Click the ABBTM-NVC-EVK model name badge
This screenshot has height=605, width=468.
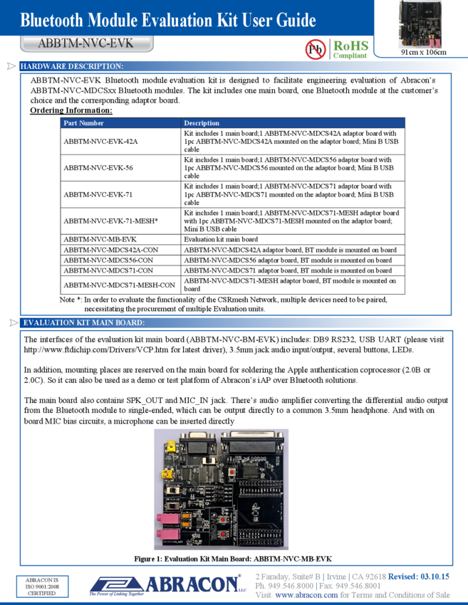tap(85, 43)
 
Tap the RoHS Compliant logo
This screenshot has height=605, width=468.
tap(350, 48)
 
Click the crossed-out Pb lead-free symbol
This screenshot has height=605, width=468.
tap(315, 49)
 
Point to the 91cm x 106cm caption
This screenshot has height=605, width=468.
tap(423, 52)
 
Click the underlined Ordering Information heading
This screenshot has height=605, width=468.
tap(71, 110)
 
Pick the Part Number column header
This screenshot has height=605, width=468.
tap(83, 123)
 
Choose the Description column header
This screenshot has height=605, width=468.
tap(202, 123)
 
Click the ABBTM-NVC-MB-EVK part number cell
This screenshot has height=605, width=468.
tap(99, 240)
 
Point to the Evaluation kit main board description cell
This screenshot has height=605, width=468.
tap(221, 240)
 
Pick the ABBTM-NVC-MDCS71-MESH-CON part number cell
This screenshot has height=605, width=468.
tap(119, 285)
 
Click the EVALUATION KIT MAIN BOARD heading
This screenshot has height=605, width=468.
tap(84, 323)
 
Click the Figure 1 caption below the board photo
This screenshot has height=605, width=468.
tap(233, 559)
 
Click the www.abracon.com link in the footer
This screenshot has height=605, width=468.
tap(306, 595)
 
